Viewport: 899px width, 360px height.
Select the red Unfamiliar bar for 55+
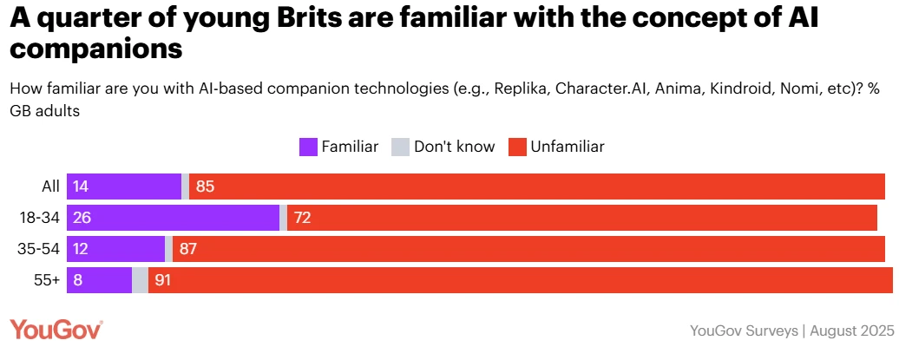(x=521, y=280)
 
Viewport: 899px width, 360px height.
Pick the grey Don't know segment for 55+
(x=140, y=280)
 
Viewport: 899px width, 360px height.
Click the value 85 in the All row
(x=206, y=187)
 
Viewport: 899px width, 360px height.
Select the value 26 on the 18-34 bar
(x=83, y=218)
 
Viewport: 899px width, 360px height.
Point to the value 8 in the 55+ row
(x=78, y=280)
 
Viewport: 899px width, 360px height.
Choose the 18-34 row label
(x=39, y=218)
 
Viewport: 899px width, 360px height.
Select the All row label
(x=50, y=187)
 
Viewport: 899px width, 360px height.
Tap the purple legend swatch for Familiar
(x=308, y=147)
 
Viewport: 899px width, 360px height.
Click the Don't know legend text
(x=454, y=147)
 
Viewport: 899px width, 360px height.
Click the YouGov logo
(x=56, y=330)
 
